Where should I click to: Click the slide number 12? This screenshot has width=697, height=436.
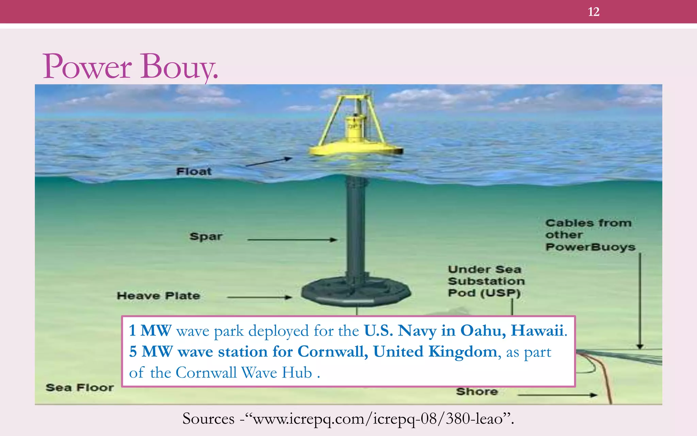point(594,12)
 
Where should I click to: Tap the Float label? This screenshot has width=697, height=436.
point(194,171)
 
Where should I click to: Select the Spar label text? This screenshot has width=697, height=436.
point(206,236)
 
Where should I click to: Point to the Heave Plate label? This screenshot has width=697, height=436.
point(158,296)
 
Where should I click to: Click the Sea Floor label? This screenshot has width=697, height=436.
point(80,388)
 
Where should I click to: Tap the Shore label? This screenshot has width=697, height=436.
point(477,392)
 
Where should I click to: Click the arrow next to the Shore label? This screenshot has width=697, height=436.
point(557,395)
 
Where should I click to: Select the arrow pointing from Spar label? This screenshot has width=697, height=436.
point(292,240)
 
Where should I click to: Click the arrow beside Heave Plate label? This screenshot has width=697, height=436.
point(259,297)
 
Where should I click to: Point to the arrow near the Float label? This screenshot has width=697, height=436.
point(269,162)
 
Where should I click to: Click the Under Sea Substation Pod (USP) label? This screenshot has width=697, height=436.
point(486,281)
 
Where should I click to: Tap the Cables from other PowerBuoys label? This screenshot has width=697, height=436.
point(590,235)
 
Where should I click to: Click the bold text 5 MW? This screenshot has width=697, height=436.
point(151,352)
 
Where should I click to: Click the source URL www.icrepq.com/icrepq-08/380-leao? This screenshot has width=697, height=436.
point(378,419)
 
